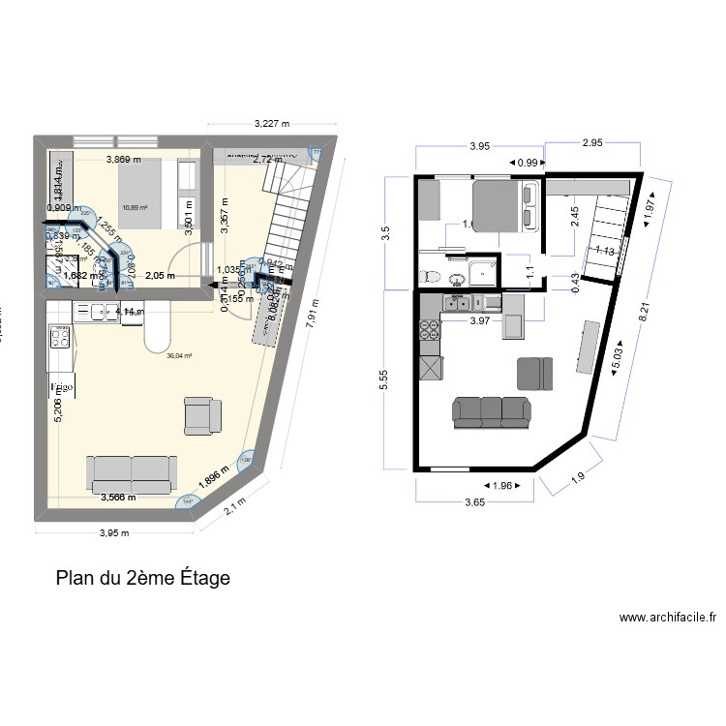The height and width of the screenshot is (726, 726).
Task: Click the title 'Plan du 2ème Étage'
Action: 143,579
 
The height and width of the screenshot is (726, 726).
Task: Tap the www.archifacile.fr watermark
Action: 668,618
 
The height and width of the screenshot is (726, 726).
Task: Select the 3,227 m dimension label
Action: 272,124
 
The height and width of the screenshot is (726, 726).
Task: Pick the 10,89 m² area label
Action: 135,207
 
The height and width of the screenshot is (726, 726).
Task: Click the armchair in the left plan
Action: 203,414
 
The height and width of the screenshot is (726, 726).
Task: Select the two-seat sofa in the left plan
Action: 131,472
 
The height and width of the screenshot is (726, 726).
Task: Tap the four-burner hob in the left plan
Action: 60,338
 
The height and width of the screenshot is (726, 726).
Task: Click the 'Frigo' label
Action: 63,388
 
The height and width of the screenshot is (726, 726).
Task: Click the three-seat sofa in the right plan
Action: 491,411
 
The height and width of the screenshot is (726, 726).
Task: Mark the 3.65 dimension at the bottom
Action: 474,503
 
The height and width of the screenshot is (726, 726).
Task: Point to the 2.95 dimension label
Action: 591,143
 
